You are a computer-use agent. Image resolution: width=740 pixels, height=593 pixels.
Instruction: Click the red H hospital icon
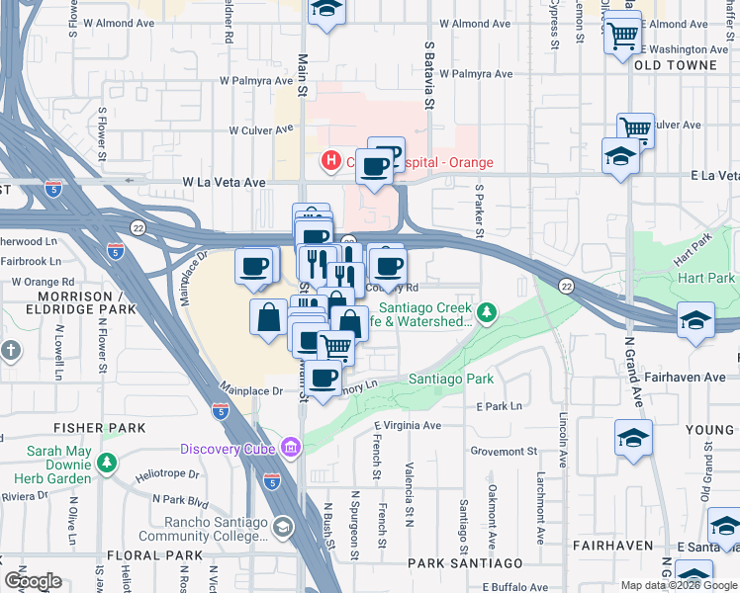(330, 160)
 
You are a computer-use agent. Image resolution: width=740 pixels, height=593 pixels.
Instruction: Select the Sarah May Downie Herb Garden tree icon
(106, 462)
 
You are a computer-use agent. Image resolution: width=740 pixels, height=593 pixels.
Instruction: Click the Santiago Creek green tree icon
(486, 314)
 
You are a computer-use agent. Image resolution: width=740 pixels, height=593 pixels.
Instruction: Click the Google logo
(32, 581)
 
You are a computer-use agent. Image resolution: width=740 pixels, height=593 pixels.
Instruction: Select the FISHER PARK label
(101, 428)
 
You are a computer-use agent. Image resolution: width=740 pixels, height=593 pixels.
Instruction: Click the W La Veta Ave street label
(224, 183)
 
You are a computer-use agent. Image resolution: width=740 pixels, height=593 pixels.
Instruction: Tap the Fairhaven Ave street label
(692, 377)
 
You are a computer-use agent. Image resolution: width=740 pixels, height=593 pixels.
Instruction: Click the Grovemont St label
(505, 451)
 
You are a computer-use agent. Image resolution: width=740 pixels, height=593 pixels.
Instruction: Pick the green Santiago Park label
(451, 380)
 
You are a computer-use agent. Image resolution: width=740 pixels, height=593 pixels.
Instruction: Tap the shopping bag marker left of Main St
(269, 318)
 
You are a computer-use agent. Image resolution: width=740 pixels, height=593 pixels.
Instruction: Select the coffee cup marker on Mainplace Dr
(255, 266)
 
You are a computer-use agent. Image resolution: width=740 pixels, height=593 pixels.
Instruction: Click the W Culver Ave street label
(261, 129)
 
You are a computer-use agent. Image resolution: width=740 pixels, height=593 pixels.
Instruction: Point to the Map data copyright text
(679, 584)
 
